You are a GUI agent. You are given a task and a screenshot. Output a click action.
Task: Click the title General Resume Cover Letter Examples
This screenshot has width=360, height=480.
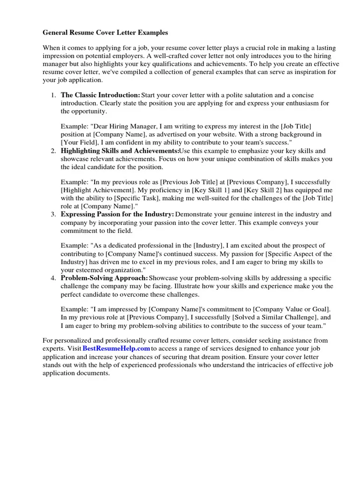(105, 33)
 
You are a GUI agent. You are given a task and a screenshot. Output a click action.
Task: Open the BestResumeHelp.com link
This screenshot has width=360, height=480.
(116, 349)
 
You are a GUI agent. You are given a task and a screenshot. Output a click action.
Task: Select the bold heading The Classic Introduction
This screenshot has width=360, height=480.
(100, 95)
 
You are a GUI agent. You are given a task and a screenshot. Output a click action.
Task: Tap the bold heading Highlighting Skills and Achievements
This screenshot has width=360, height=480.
(120, 151)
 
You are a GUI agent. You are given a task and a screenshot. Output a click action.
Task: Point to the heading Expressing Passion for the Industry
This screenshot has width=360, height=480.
(117, 214)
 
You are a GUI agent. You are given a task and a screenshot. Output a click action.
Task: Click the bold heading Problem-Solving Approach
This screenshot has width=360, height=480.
(105, 277)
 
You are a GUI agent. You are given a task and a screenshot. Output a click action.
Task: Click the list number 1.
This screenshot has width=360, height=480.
(53, 95)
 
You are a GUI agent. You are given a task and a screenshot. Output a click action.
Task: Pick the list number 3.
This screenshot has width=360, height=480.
(53, 214)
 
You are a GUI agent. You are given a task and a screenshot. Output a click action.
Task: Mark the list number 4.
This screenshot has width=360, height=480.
(53, 277)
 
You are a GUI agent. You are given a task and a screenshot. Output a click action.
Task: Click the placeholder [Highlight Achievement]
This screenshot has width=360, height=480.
(97, 190)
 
